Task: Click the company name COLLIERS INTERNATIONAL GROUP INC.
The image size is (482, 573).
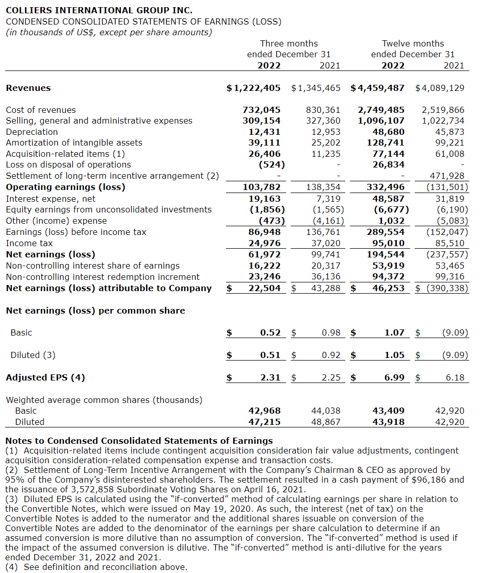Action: (x=98, y=10)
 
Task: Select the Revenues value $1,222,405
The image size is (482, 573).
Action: (x=253, y=88)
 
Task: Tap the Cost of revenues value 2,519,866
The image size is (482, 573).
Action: (x=443, y=110)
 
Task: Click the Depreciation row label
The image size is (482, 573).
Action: (x=32, y=132)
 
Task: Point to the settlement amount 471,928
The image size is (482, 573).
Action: (x=447, y=176)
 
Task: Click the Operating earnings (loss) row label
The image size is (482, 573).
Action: (x=65, y=187)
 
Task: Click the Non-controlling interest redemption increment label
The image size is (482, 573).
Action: (x=103, y=277)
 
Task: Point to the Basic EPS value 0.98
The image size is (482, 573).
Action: (x=331, y=332)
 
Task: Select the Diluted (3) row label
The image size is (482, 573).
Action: (x=33, y=355)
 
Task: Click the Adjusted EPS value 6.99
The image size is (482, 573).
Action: (x=394, y=377)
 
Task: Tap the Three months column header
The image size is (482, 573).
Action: (x=289, y=44)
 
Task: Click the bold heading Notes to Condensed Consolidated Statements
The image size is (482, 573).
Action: (x=139, y=441)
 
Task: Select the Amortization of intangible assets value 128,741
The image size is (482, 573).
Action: (x=386, y=142)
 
